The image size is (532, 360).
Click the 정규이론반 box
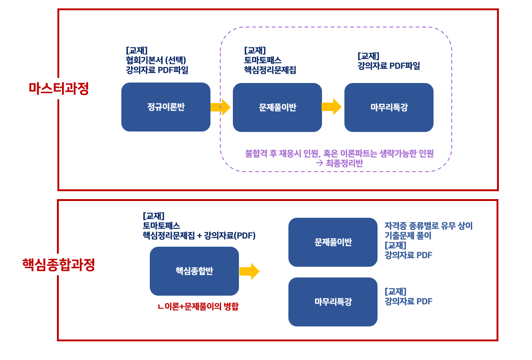coord(166,107)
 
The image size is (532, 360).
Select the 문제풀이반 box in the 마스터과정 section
coord(277,107)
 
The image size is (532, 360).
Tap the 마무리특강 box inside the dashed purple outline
coord(389,107)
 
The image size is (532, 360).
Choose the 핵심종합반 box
coord(194,271)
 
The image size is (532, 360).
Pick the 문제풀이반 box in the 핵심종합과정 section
coord(333,242)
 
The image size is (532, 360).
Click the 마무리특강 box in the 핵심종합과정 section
coord(333,302)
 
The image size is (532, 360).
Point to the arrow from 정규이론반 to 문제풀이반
coord(221,107)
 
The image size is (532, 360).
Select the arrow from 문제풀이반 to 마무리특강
coord(331,107)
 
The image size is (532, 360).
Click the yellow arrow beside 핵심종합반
coord(249,271)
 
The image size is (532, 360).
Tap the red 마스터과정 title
coord(59,89)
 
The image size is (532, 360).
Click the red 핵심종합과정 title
coord(58,264)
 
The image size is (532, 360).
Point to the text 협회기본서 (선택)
coord(156,60)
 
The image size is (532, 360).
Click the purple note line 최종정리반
coord(339,163)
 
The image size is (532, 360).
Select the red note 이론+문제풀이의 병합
coord(198,306)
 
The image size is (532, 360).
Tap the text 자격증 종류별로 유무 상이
coord(428,226)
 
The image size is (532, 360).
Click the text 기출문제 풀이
coord(407,235)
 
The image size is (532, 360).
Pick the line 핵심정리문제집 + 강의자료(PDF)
coord(199,235)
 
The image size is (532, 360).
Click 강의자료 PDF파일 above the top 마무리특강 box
coord(389,66)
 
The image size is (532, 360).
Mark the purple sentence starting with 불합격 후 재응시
coord(339,153)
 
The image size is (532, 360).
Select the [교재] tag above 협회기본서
coord(136,50)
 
